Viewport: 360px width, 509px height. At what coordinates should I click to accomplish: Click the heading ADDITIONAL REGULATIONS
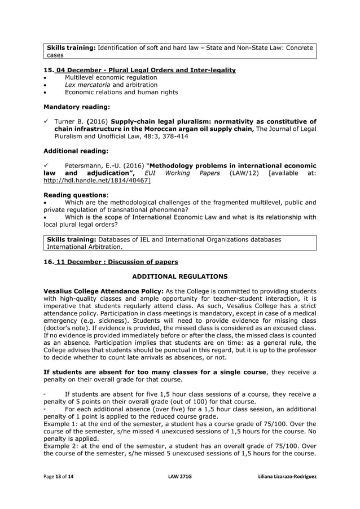[x=179, y=277]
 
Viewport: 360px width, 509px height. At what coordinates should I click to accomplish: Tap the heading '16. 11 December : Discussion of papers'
[x=111, y=262]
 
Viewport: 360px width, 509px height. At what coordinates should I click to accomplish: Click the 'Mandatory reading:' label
[x=77, y=106]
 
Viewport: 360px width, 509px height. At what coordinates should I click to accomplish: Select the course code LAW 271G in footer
[x=180, y=477]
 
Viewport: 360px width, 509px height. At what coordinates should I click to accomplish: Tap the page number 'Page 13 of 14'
[x=59, y=477]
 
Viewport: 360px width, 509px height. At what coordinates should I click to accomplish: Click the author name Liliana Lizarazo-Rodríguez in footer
[x=286, y=477]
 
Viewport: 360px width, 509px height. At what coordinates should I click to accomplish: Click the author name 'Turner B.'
[x=68, y=121]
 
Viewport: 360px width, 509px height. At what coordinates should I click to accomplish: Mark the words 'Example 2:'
[x=62, y=445]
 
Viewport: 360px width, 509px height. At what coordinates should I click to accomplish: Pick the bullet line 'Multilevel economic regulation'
[x=103, y=77]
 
